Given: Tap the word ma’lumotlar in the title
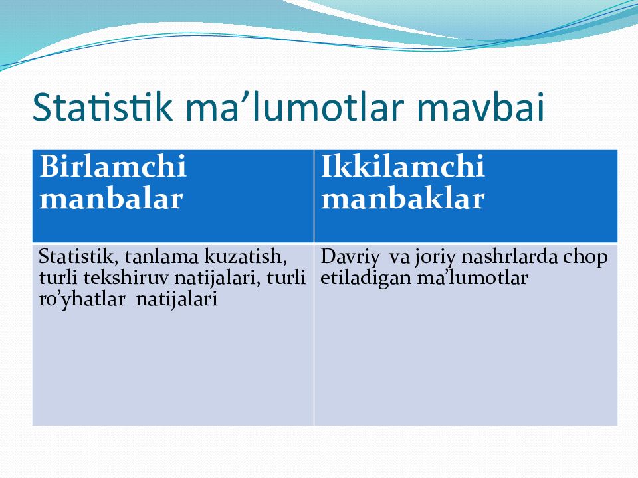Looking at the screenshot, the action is click(x=294, y=107).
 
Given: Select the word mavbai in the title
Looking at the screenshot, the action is click(x=480, y=107).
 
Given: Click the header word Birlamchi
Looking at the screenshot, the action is click(x=113, y=166).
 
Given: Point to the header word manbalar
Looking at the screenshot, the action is click(x=111, y=199).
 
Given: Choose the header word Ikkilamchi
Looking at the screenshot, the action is click(x=403, y=166).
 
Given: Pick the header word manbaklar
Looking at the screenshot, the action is click(x=403, y=199).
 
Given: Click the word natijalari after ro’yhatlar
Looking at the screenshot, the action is click(x=177, y=300).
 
